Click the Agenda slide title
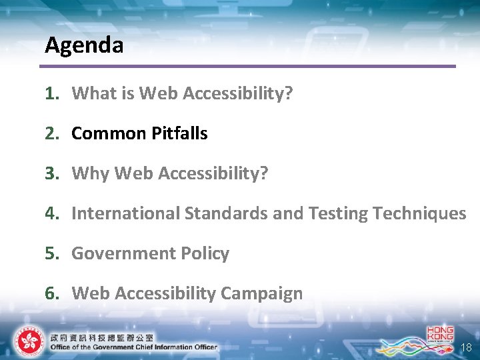tap(84, 45)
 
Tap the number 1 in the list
tap(50, 93)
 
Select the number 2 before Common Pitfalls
tap(50, 133)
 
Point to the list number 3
tap(50, 173)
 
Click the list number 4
tap(50, 213)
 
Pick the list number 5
tap(50, 253)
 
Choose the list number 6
tap(50, 293)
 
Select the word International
tap(125, 213)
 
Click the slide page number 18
tap(466, 347)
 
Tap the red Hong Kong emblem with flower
tap(28, 341)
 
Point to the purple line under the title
tap(247, 66)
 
